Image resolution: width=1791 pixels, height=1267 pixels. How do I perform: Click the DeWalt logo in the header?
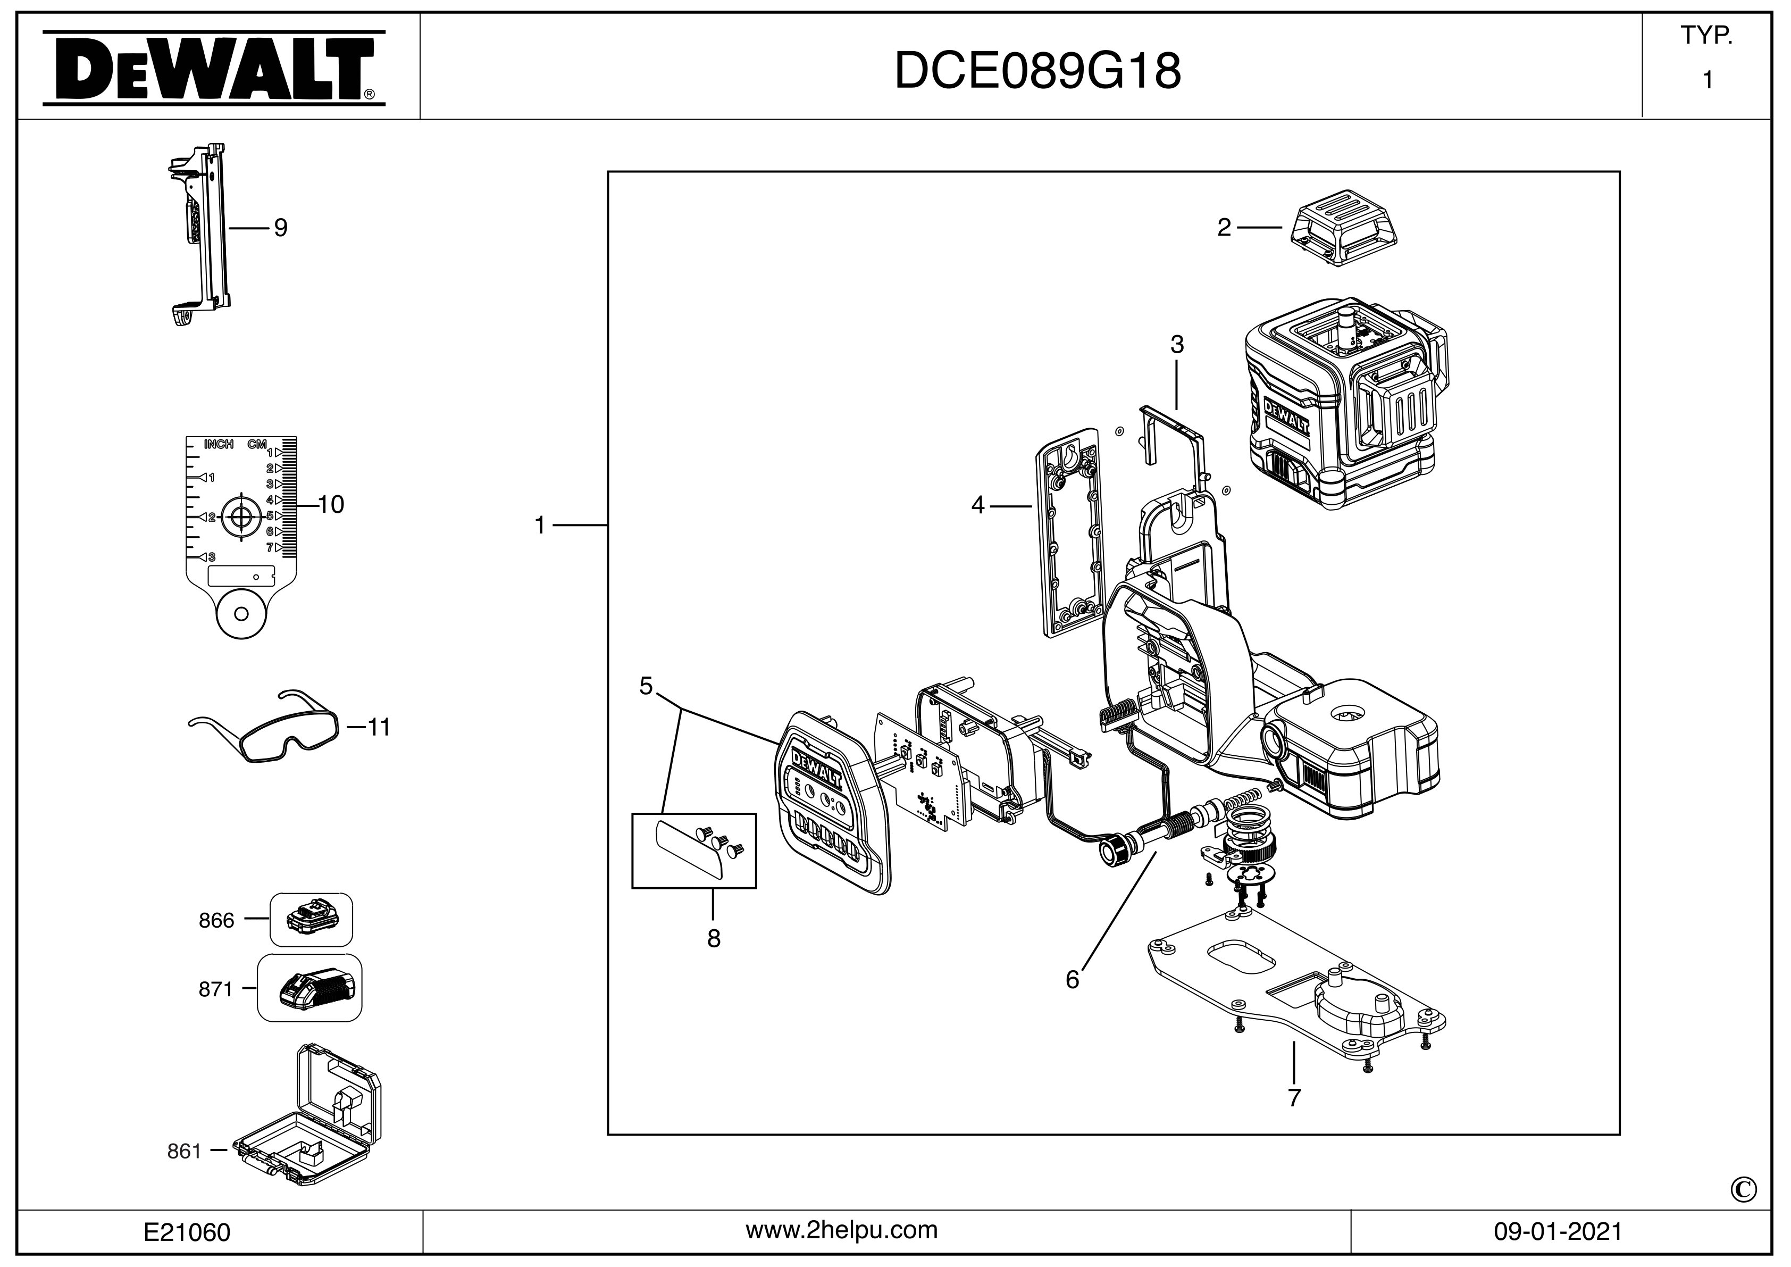[x=213, y=68]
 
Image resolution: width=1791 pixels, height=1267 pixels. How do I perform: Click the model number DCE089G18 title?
[x=1037, y=72]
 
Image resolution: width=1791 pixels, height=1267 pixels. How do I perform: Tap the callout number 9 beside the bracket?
[x=280, y=228]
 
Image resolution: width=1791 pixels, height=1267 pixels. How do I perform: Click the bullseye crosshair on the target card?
[x=241, y=516]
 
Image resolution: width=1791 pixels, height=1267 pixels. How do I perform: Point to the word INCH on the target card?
[x=219, y=445]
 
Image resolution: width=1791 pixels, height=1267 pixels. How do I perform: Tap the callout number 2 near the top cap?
[x=1224, y=228]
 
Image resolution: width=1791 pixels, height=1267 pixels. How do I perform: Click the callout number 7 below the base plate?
[x=1294, y=1098]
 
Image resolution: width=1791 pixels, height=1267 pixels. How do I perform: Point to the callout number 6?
[x=1072, y=980]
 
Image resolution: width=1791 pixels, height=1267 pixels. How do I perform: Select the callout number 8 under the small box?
[x=713, y=939]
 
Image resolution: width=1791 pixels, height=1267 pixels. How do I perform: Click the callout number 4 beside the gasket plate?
[x=977, y=505]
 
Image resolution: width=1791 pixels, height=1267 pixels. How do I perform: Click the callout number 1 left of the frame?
[x=540, y=526]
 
